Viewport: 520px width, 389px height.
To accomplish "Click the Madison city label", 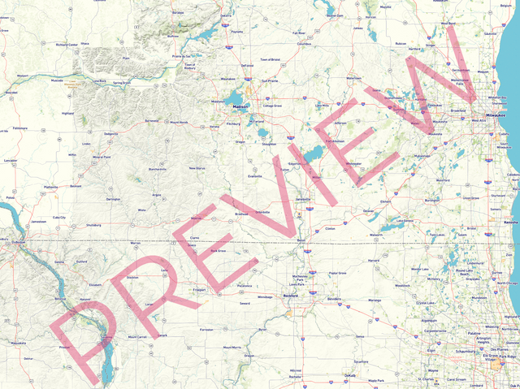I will (240, 106).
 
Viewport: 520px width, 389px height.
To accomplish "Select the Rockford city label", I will (291, 296).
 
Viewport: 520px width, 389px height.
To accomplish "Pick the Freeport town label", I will (199, 290).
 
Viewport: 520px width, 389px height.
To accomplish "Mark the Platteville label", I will (51, 187).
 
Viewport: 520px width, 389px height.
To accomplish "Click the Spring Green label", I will (122, 83).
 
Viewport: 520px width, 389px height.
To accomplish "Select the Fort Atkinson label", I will (335, 140).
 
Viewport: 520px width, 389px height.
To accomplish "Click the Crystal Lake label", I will (426, 303).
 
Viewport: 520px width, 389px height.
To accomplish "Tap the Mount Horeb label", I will (178, 122).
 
